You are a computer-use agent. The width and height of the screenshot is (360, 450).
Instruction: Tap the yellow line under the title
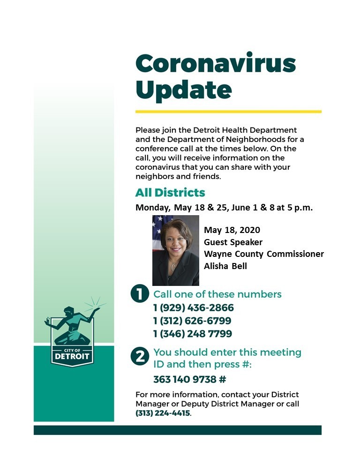click(228, 112)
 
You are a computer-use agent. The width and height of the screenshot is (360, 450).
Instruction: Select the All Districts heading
click(170, 193)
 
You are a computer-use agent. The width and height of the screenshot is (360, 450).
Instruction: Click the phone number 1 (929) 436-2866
click(194, 308)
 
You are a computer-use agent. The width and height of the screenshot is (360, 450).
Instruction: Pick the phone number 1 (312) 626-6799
click(192, 321)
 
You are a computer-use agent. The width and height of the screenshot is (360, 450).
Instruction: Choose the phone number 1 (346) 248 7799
click(193, 334)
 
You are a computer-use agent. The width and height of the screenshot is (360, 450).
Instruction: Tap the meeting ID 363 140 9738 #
click(190, 379)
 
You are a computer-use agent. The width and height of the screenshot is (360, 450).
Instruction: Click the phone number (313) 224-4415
click(163, 413)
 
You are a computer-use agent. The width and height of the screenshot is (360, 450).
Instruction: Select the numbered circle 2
click(140, 357)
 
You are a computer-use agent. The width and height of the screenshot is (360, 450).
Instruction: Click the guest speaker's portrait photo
click(176, 250)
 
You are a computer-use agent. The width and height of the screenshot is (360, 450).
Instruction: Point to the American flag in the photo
click(157, 225)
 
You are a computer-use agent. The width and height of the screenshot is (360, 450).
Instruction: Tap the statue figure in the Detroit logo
click(70, 323)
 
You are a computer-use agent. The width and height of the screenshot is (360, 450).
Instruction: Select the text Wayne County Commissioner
click(263, 254)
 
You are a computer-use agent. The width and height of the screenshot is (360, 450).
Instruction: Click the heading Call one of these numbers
click(217, 294)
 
